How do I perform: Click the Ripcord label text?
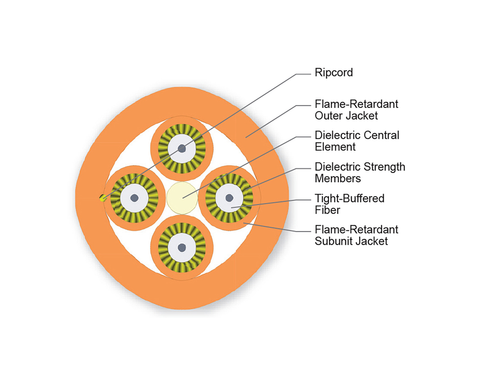pyautogui.click(x=334, y=73)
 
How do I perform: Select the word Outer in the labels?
pyautogui.click(x=327, y=115)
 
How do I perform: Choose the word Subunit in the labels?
pyautogui.click(x=335, y=241)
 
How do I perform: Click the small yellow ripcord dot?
pyautogui.click(x=102, y=198)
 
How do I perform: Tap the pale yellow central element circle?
pyautogui.click(x=182, y=198)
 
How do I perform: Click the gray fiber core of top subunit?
pyautogui.click(x=182, y=148)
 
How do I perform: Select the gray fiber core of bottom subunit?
pyautogui.click(x=181, y=248)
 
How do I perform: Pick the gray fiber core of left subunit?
pyautogui.click(x=134, y=198)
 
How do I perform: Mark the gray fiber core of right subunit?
pyautogui.click(x=229, y=197)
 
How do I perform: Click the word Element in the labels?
pyautogui.click(x=335, y=147)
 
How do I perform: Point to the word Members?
pyautogui.click(x=337, y=178)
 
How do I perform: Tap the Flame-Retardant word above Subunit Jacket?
pyautogui.click(x=356, y=230)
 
